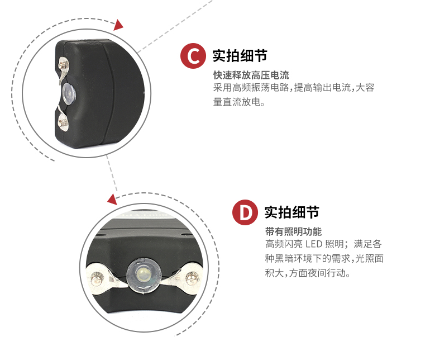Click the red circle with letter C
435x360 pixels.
pos(193,56)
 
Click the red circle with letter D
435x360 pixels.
pos(245,213)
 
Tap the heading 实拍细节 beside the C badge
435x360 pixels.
pos(240,56)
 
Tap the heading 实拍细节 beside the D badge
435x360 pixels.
pos(291,212)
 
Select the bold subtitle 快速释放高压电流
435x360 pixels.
pos(251,75)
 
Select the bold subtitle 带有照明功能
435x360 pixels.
pos(293,231)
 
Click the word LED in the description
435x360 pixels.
pos(313,245)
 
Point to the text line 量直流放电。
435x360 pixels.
pos(238,102)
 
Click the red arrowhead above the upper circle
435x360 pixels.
pos(118,25)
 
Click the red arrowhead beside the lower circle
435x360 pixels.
pos(112,199)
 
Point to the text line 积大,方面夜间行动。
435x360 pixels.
pos(308,274)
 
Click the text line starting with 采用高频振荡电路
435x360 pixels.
pos(293,88)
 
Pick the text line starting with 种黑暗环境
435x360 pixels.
pos(324,259)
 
